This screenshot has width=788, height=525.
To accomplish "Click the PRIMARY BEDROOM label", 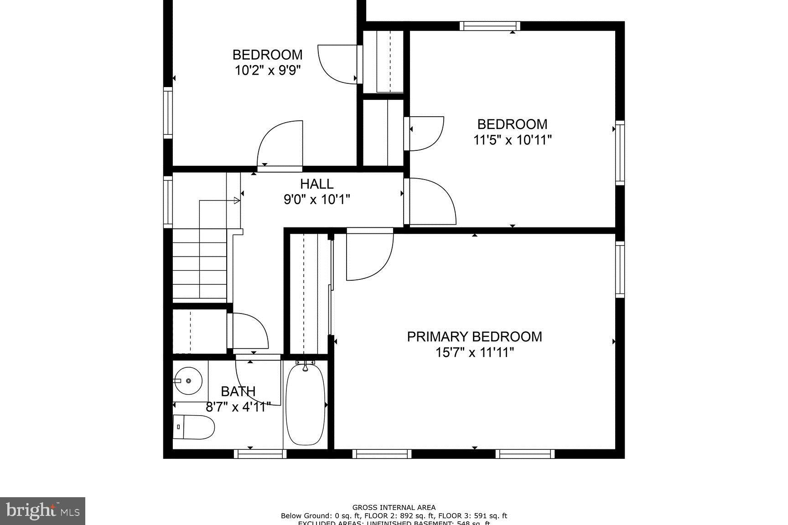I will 474,337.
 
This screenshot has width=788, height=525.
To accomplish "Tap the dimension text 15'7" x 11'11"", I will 474,352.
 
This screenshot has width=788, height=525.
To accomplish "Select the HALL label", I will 316,184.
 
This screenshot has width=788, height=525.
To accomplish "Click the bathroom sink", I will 188,381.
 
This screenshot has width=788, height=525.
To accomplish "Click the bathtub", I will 305,403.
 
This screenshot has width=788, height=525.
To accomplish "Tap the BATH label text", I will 238,391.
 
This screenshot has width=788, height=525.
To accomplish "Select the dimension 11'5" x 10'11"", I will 512,140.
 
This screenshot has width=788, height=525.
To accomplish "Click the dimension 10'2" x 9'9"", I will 268,70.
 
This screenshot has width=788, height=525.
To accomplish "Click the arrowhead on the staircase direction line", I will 237,200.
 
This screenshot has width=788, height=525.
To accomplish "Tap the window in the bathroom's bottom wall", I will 260,453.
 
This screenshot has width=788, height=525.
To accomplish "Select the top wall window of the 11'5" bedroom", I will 490,26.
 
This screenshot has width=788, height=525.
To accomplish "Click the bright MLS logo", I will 43,510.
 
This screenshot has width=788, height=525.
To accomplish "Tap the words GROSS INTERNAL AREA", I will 394,507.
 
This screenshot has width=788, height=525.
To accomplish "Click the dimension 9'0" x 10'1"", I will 317,200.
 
